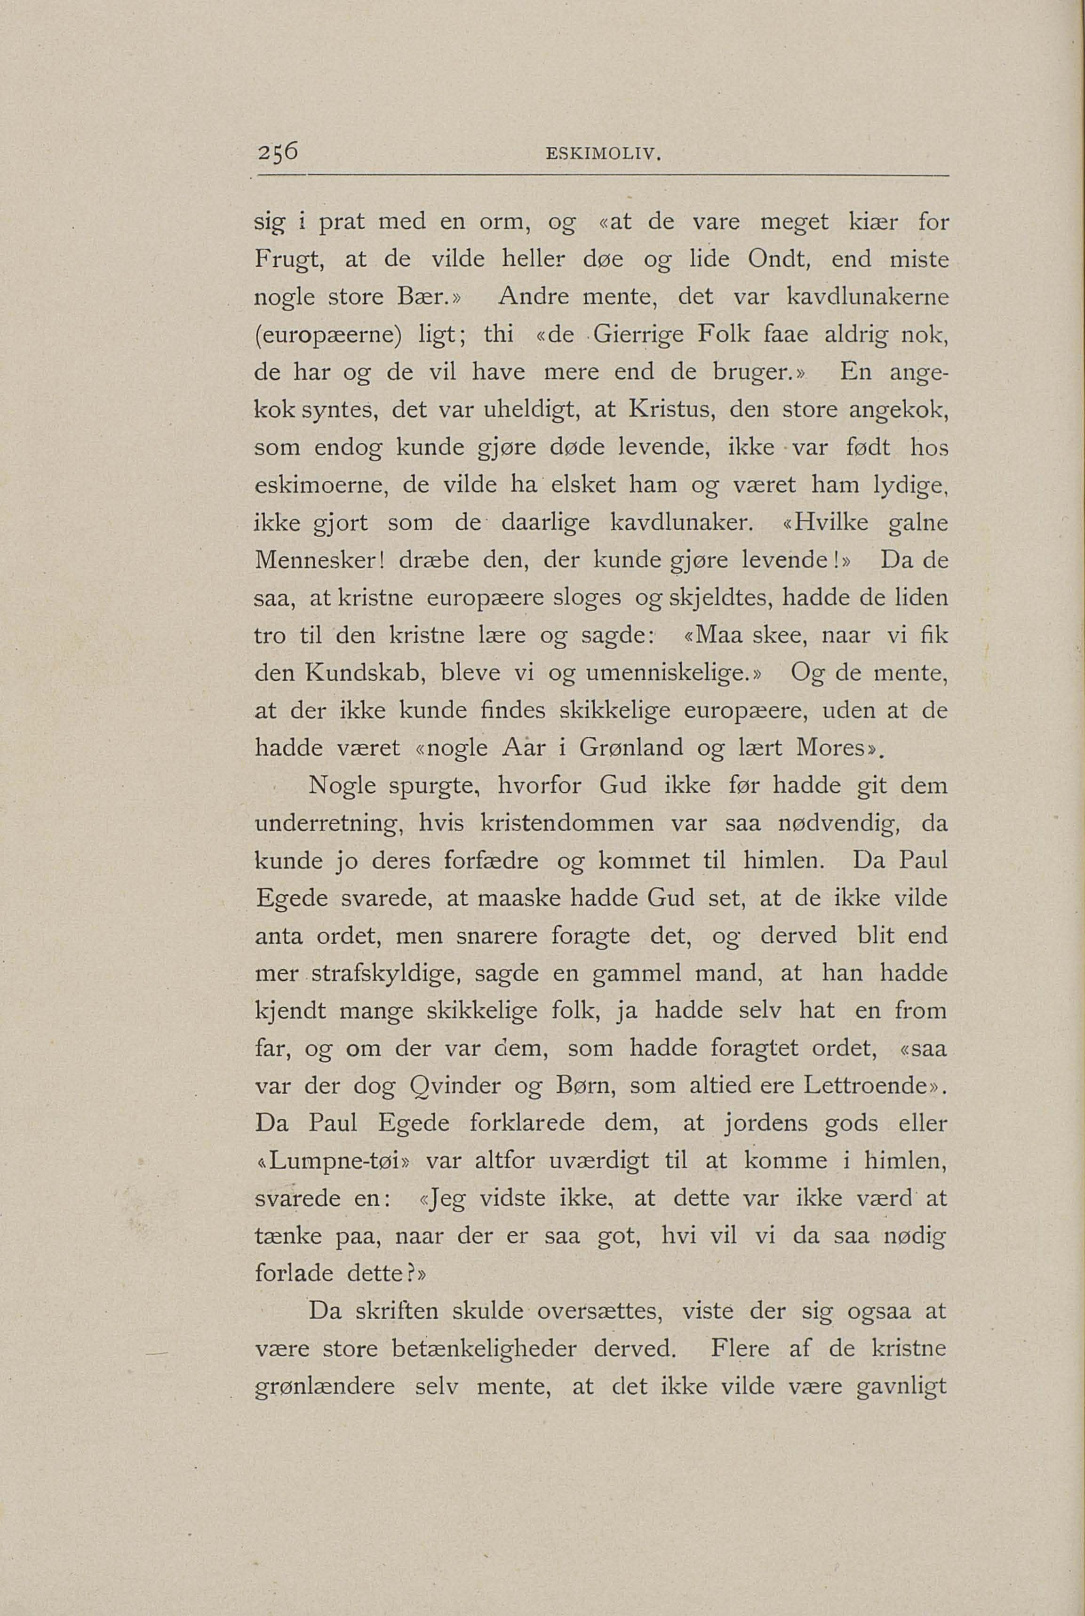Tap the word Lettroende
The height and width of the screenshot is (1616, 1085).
866,1087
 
